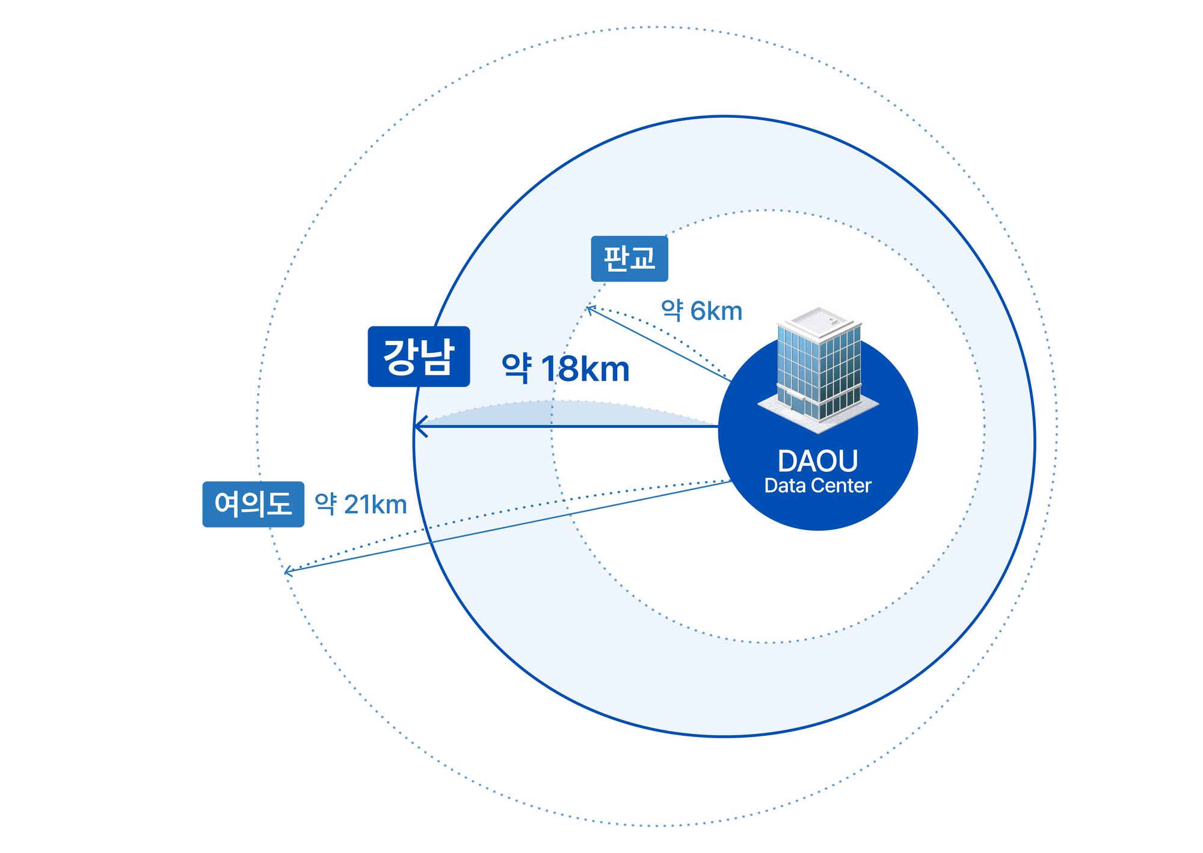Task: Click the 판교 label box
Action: [629, 258]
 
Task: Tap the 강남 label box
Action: [419, 356]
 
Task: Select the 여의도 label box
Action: [253, 504]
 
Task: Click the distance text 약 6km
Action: [701, 311]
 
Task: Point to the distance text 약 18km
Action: [565, 368]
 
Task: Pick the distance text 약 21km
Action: [361, 504]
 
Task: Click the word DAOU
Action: [817, 462]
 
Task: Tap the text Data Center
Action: [817, 486]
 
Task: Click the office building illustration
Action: [818, 370]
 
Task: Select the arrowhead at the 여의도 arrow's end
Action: [289, 570]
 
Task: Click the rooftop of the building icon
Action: [819, 319]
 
